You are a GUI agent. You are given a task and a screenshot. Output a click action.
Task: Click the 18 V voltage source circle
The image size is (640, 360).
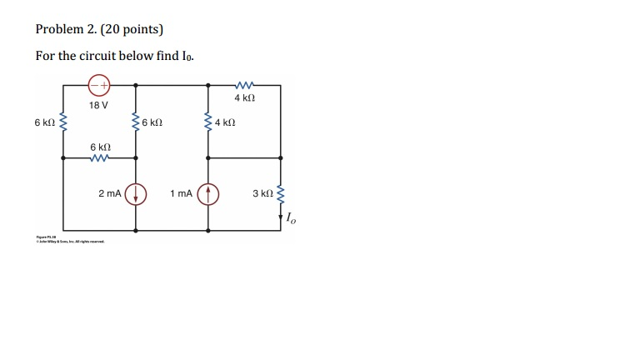(99, 84)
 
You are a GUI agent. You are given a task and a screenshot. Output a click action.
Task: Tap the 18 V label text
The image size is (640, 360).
(99, 105)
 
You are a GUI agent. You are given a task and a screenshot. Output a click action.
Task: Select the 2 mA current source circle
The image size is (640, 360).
(136, 194)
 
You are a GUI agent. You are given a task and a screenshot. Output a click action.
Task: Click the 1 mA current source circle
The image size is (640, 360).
(208, 194)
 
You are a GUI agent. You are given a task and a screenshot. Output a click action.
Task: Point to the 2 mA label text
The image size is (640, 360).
(110, 193)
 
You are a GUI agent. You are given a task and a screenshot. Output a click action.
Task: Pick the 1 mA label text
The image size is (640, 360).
(181, 193)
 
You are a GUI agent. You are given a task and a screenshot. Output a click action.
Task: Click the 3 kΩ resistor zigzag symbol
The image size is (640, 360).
(280, 194)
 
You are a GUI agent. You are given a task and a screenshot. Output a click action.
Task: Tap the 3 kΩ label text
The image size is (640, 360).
(262, 194)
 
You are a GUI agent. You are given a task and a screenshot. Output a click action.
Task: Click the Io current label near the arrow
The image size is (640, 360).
(289, 220)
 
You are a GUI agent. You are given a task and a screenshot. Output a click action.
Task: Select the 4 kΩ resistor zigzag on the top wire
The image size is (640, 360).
(244, 84)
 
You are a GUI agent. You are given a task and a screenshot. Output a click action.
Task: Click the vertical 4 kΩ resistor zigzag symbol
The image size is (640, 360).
(208, 123)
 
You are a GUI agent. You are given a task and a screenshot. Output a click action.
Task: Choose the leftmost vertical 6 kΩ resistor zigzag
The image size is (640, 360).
(63, 123)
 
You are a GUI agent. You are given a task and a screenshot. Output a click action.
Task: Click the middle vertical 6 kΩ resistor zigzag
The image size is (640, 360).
(136, 123)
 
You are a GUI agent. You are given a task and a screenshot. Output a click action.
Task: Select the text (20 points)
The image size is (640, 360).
(133, 30)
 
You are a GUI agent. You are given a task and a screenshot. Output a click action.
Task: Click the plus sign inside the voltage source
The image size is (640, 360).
(104, 84)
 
